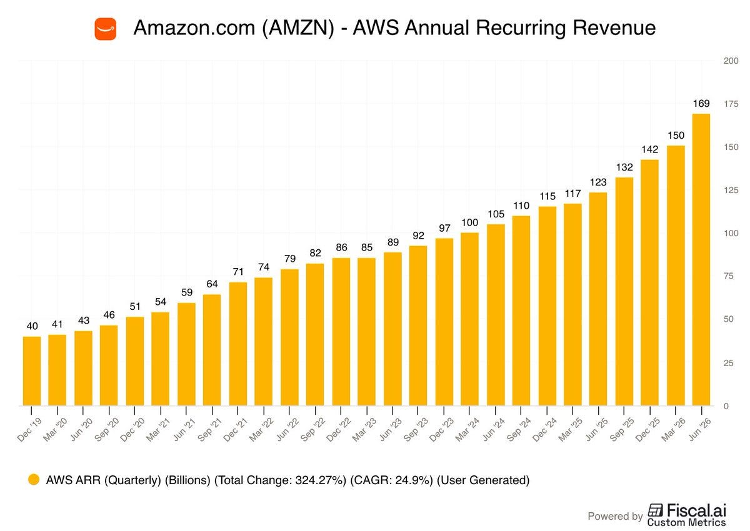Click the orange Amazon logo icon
tap(106, 29)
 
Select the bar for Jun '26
tap(701, 260)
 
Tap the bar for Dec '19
tap(32, 371)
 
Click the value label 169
tap(701, 104)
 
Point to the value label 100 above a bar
tap(469, 222)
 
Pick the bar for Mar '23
tap(367, 332)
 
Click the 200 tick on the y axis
tap(731, 61)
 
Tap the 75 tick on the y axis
tap(729, 276)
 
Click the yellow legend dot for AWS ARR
tap(34, 480)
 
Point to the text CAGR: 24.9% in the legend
tap(391, 480)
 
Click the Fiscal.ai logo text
tap(696, 510)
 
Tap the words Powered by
tap(615, 516)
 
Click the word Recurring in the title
tap(521, 27)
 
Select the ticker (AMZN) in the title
tap(298, 27)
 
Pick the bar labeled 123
tap(598, 299)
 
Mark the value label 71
tap(237, 272)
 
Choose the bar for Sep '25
tap(624, 292)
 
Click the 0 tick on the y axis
tap(726, 406)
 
